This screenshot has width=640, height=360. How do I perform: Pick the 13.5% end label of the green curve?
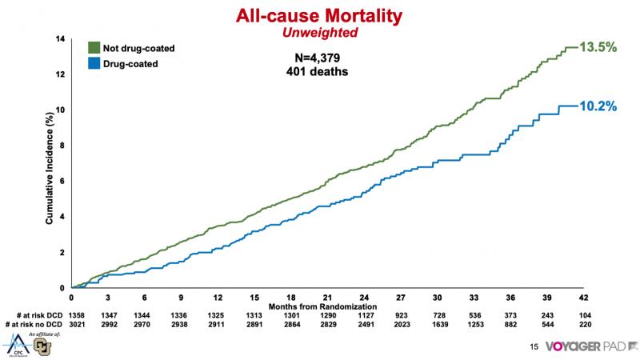[598, 47]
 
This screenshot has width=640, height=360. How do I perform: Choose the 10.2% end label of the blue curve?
[598, 106]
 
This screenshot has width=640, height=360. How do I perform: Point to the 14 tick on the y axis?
[60, 39]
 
